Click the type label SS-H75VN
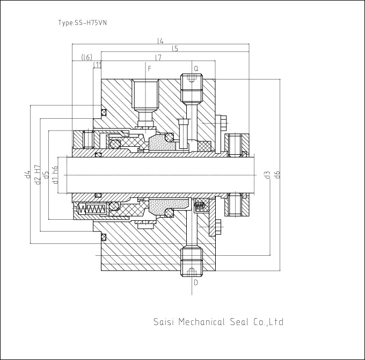click(83, 23)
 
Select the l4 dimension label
click(160, 41)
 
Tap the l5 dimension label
click(175, 48)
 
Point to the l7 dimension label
click(158, 57)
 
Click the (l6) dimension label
click(86, 57)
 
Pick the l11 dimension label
click(97, 64)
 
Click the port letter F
click(149, 68)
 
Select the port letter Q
click(196, 68)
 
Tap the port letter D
click(196, 283)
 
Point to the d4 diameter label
click(28, 174)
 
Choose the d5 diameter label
click(46, 175)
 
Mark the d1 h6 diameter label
click(55, 175)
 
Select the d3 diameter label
click(267, 175)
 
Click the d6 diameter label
click(277, 174)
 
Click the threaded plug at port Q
click(192, 88)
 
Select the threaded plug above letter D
click(192, 262)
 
